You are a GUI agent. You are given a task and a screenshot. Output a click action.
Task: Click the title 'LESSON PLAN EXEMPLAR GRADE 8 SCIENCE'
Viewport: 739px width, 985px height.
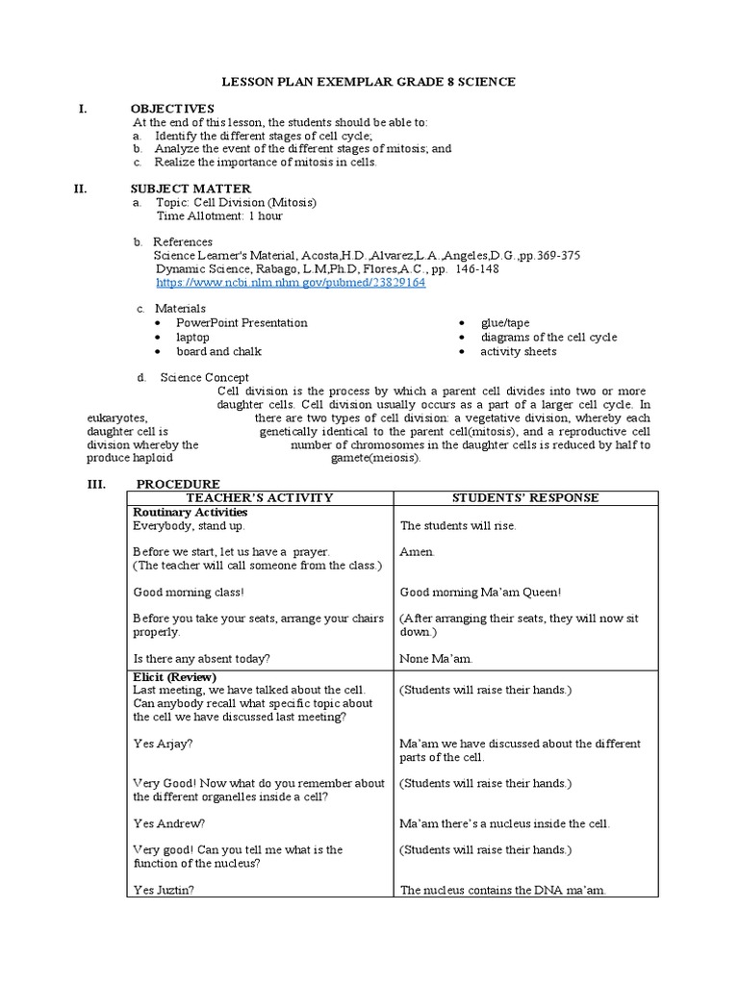pyautogui.click(x=369, y=83)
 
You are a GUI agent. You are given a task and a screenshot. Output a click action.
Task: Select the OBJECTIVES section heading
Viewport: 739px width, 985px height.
pyautogui.click(x=173, y=109)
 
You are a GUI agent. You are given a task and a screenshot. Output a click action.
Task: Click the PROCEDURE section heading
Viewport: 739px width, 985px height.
pyautogui.click(x=177, y=483)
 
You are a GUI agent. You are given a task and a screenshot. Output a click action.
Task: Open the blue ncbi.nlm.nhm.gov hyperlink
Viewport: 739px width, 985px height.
pyautogui.click(x=290, y=284)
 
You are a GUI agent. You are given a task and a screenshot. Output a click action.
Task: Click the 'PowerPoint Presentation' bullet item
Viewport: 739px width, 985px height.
pyautogui.click(x=242, y=323)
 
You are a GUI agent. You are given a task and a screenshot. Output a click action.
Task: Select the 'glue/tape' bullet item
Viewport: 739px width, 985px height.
pyautogui.click(x=506, y=323)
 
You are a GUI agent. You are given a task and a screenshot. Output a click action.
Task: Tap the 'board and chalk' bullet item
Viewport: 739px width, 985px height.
pyautogui.click(x=217, y=351)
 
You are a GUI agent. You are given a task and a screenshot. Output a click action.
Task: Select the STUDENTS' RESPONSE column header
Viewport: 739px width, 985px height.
pyautogui.click(x=525, y=497)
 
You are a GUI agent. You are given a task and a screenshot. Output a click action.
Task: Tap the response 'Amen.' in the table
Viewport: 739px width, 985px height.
pyautogui.click(x=417, y=552)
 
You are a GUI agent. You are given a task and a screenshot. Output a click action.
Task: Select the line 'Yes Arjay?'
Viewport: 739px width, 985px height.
pyautogui.click(x=162, y=744)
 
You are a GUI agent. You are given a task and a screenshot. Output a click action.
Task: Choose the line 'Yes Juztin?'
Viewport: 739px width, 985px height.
pyautogui.click(x=163, y=891)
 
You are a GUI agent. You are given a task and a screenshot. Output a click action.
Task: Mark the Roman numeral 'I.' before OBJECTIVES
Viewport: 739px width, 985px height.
pyautogui.click(x=83, y=109)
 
